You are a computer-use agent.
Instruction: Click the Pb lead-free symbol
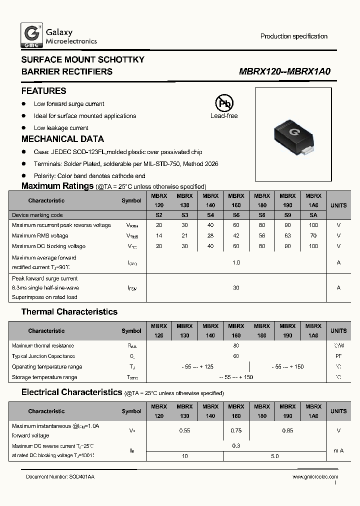coord(224,103)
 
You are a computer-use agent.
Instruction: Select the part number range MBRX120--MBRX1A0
coord(285,71)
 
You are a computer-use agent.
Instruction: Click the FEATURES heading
coord(44,91)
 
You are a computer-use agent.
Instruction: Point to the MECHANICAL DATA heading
coord(62,139)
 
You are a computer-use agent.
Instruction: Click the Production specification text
coord(294,36)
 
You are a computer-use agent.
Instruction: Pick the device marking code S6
coord(236,215)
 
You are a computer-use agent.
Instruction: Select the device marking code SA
coord(313,215)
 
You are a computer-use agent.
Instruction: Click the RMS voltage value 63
coord(287,235)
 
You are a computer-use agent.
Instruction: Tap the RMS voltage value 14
coord(159,235)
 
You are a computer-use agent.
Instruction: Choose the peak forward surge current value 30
coord(236,287)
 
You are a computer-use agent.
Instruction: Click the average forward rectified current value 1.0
coord(236,262)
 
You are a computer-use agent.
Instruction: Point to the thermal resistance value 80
coord(236,345)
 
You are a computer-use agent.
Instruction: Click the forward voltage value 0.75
coord(236,430)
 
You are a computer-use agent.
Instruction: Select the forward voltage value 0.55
coord(184,430)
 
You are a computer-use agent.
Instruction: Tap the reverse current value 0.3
coord(236,445)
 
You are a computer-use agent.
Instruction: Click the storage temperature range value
coord(236,377)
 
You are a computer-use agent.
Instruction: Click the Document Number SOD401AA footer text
coord(60,477)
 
